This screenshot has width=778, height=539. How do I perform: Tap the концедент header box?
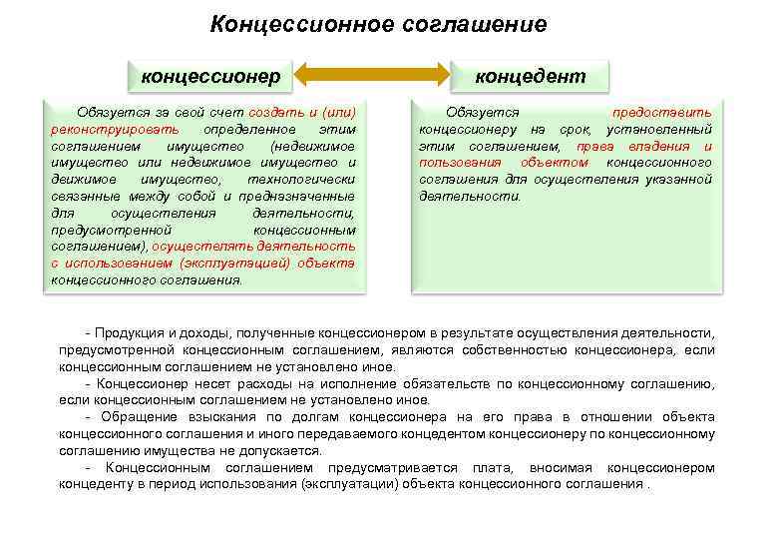click(x=530, y=75)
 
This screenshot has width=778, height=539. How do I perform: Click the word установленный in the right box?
click(x=659, y=130)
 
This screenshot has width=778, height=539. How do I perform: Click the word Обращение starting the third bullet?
click(x=135, y=417)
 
